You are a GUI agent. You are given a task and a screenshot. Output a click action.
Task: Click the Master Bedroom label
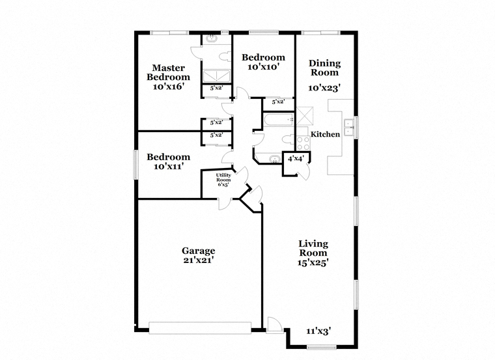pos(168,72)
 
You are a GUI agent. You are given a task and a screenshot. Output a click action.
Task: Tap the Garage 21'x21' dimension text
pos(199,260)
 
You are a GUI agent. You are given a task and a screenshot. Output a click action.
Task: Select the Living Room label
pos(313,248)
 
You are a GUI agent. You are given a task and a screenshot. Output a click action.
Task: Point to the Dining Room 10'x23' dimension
pos(324,88)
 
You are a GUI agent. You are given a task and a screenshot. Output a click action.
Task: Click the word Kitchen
pos(325,134)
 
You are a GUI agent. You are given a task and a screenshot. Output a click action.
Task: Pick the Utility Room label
pos(223,177)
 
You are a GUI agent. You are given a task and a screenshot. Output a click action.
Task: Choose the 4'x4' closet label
pos(296,158)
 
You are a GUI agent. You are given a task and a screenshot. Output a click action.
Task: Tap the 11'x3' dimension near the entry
pos(318,331)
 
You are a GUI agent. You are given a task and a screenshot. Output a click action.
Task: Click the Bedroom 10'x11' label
pos(168,161)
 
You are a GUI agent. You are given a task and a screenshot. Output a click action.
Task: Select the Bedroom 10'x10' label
pos(263,62)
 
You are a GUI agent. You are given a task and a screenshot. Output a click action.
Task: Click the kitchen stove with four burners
pos(303,143)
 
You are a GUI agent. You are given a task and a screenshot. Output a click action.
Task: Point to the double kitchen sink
pos(349,127)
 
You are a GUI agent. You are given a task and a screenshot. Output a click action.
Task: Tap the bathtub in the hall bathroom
pos(279,120)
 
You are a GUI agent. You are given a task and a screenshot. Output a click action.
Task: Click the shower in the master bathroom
pos(216,76)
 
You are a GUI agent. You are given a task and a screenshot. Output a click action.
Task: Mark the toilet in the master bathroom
pos(225,57)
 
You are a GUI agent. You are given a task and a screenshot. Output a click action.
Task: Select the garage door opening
pos(200,328)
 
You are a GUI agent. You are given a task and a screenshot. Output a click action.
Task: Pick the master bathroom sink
pos(212,39)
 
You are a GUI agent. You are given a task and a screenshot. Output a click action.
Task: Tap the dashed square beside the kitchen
pos(305,115)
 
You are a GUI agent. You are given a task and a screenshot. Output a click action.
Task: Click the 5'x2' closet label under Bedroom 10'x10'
pos(279,102)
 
